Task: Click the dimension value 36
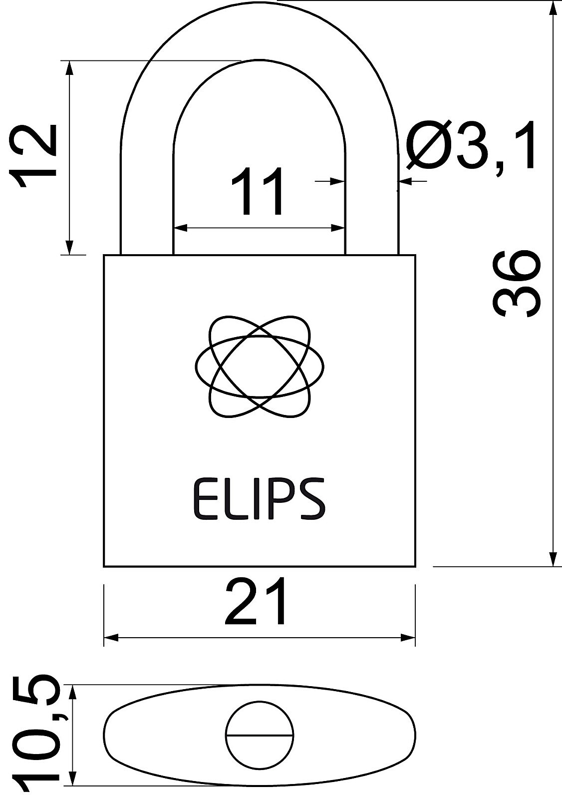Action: click(x=517, y=283)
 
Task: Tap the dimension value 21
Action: click(x=256, y=602)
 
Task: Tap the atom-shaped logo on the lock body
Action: click(x=259, y=366)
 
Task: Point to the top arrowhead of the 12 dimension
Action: click(x=70, y=68)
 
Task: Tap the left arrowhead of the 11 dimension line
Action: click(x=180, y=228)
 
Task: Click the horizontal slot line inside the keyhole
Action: click(x=260, y=735)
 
